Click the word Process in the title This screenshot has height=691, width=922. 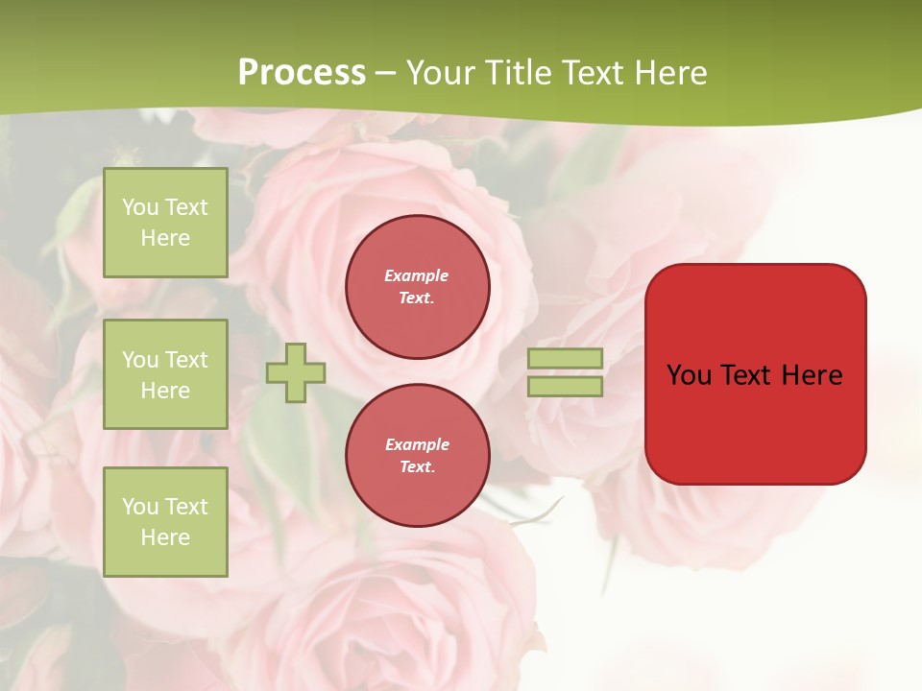pos(302,73)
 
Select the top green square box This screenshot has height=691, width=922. pos(165,223)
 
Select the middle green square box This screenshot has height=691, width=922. pos(165,374)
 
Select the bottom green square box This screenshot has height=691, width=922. pos(165,522)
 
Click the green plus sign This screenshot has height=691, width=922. pos(296,373)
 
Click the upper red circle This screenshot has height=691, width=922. pos(418,287)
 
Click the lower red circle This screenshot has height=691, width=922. pos(418,456)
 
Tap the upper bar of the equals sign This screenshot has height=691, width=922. pos(566,359)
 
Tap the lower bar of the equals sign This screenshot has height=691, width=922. pos(566,386)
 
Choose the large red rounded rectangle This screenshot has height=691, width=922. pos(755,422)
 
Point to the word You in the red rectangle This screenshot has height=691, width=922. pos(690,375)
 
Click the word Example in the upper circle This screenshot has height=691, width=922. pos(417,275)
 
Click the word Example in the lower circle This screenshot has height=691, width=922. pos(417,444)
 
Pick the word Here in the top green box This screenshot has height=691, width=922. pos(165,238)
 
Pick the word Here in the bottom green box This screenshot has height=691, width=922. pos(165,537)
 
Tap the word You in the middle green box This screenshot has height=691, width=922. pos(140,360)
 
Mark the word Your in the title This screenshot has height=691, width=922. pos(441,73)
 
